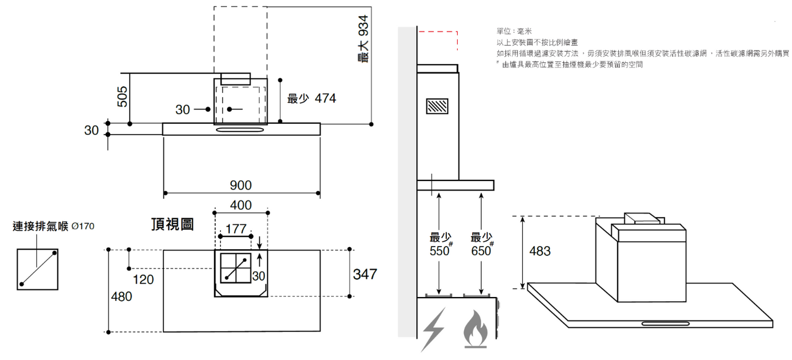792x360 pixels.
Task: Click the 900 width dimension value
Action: [x=241, y=185]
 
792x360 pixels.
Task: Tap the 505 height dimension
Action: [x=123, y=96]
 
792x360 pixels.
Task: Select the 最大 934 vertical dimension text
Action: [x=362, y=39]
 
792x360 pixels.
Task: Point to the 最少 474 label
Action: [x=311, y=99]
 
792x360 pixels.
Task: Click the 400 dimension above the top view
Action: [x=241, y=205]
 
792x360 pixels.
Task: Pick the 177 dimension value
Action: [x=236, y=228]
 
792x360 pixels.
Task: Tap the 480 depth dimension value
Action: [x=121, y=296]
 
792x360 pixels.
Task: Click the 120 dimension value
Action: [x=143, y=280]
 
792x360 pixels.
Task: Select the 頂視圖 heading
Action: [x=172, y=225]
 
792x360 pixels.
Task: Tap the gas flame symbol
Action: [x=475, y=330]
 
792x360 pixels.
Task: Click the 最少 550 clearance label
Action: [x=440, y=244]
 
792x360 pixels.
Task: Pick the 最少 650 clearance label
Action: [x=482, y=244]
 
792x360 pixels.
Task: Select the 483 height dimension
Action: [x=540, y=252]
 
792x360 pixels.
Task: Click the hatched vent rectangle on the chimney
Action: [x=437, y=106]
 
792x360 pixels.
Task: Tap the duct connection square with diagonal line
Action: [x=37, y=268]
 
